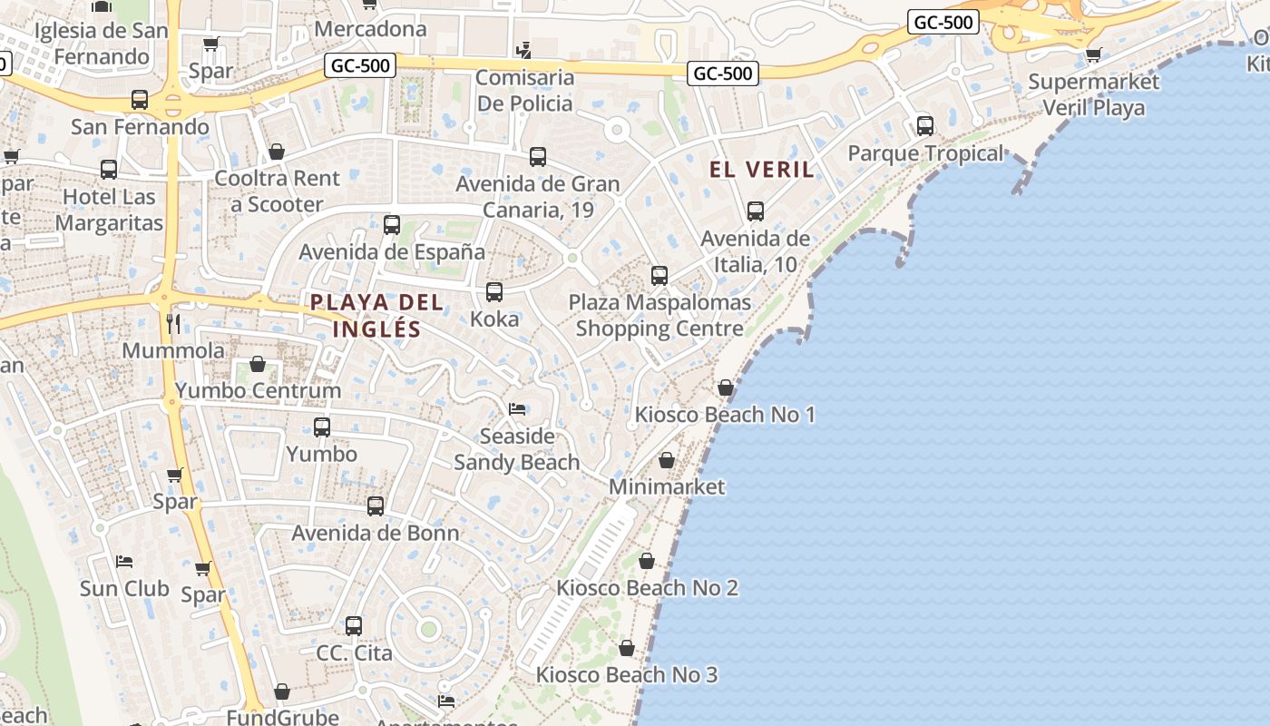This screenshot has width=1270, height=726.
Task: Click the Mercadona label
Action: tap(370, 29)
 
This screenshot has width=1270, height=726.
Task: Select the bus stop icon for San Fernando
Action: tap(140, 100)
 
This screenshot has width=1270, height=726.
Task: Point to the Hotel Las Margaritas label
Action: tap(109, 210)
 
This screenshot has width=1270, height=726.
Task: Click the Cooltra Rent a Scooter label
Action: tap(277, 191)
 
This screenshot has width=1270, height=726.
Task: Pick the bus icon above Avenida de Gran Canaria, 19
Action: tap(538, 157)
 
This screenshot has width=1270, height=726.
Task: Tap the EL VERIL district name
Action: tap(762, 170)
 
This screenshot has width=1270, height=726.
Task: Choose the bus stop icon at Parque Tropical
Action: tap(925, 126)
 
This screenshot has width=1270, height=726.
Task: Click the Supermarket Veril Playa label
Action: tap(1093, 94)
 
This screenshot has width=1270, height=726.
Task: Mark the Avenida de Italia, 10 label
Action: tap(755, 251)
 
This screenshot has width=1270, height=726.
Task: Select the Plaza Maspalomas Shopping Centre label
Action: tap(659, 315)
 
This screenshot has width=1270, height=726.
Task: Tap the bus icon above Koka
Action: tap(494, 292)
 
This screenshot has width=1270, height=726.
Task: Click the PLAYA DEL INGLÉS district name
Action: tap(376, 315)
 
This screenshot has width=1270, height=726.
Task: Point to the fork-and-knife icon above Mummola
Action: tap(173, 324)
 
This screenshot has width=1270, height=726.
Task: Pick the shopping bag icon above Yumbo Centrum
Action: tap(258, 365)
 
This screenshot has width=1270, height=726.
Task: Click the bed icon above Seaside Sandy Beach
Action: tap(517, 409)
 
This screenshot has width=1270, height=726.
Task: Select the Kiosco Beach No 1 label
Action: tap(725, 415)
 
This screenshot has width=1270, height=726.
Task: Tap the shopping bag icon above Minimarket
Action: tap(667, 461)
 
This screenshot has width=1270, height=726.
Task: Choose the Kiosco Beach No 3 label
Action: tap(627, 675)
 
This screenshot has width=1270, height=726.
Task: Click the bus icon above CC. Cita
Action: tap(354, 626)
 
